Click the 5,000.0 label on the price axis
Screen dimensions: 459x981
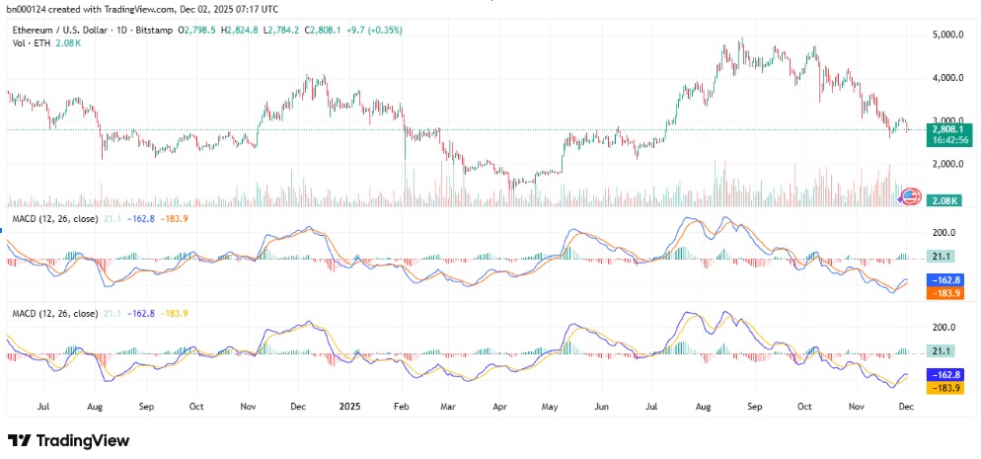[x=947, y=35]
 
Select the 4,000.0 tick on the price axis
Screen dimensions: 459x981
[x=947, y=77]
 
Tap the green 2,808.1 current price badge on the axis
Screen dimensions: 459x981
[x=947, y=128]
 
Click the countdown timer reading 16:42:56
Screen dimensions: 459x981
[x=947, y=140]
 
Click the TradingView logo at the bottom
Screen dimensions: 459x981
[x=69, y=440]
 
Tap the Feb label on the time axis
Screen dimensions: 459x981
[x=400, y=405]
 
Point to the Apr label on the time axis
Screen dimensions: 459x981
[x=498, y=405]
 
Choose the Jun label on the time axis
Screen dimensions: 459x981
[x=602, y=405]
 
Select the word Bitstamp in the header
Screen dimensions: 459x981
[x=152, y=31]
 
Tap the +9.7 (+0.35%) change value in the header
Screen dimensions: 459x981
[x=368, y=31]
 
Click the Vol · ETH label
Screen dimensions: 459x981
[x=32, y=44]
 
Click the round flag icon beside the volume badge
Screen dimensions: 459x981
[x=913, y=196]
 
